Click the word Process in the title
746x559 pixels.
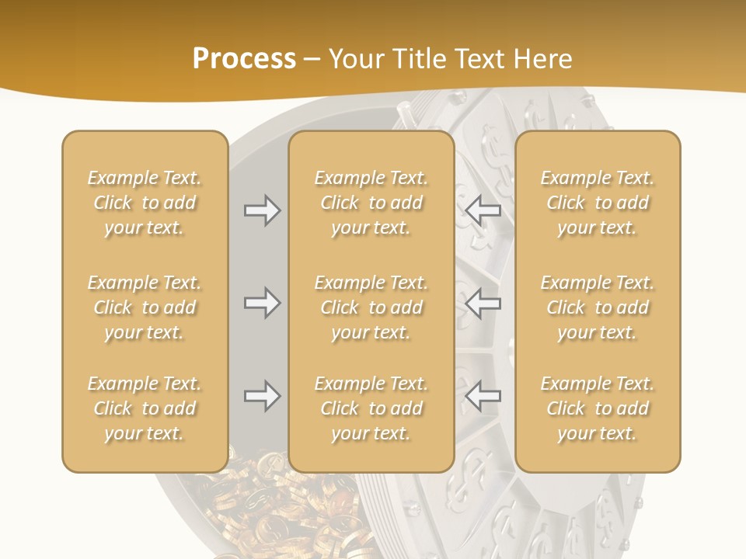tap(244, 59)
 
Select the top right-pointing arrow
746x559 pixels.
tap(262, 210)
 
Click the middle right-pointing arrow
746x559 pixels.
tap(262, 303)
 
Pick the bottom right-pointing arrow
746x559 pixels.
tap(262, 397)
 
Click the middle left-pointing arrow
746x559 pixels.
tap(483, 303)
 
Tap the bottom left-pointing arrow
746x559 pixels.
tap(483, 397)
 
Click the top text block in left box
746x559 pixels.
tap(145, 203)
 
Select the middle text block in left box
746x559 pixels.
tap(145, 307)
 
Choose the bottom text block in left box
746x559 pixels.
tap(145, 408)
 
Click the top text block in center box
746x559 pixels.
tap(371, 203)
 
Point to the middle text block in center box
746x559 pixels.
tap(371, 307)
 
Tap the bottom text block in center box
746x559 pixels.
tap(371, 408)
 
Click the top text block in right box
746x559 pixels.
tap(598, 203)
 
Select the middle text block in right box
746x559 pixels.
tap(598, 307)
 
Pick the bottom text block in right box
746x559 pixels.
tap(598, 408)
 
